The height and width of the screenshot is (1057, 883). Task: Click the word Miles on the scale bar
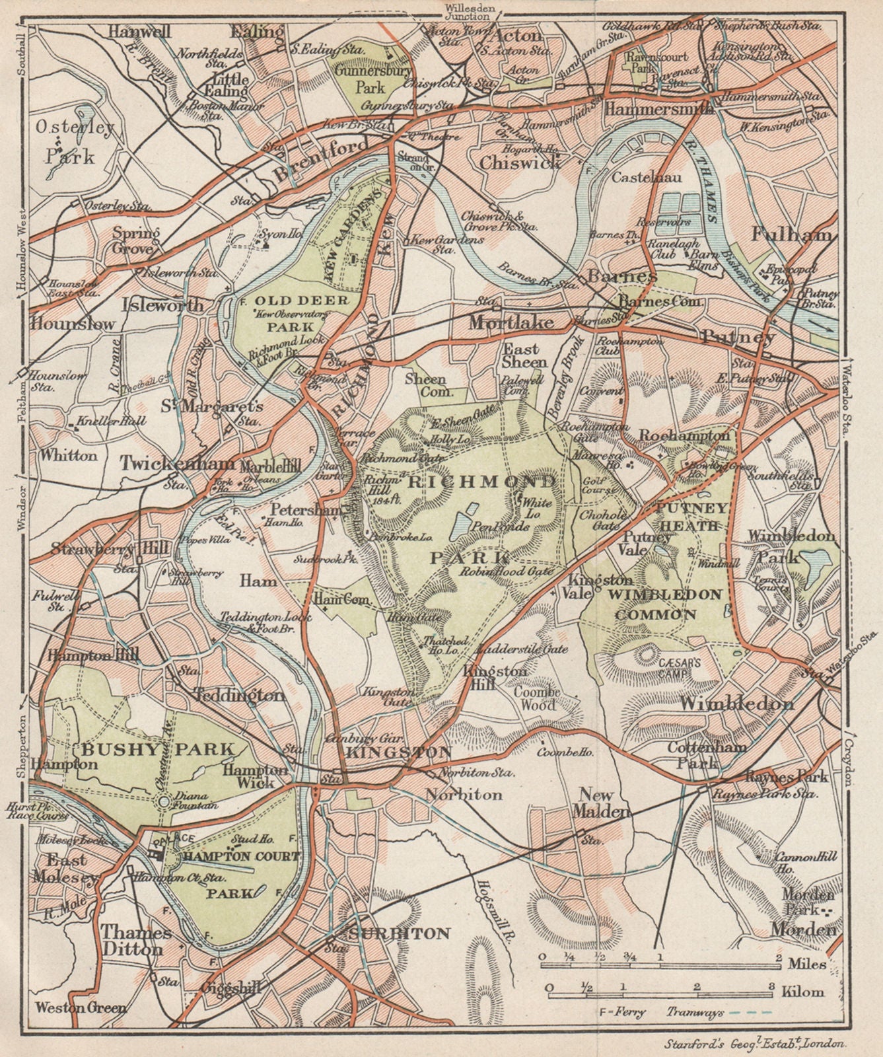807,964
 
